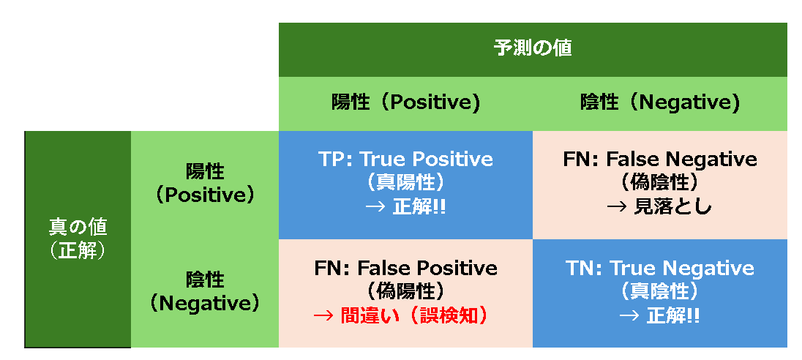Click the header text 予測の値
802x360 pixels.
tap(533, 49)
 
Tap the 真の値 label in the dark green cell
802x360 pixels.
tap(78, 227)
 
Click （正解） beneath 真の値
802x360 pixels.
tap(78, 251)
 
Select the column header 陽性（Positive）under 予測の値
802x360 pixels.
tap(405, 102)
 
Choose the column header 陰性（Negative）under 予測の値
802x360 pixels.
tap(659, 102)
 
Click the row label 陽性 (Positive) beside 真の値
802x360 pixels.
tap(204, 183)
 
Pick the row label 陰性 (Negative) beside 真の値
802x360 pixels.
tap(204, 291)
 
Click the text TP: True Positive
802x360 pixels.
tap(405, 159)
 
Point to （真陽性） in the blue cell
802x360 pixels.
tap(405, 181)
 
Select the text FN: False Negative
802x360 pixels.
tap(659, 159)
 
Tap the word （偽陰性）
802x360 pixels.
tap(659, 181)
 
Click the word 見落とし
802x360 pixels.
tap(670, 206)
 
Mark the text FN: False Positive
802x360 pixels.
tap(405, 268)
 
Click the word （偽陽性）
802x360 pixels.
tap(405, 290)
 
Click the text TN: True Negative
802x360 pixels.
tap(659, 268)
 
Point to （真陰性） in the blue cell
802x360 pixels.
tap(659, 290)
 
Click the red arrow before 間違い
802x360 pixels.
tap(323, 315)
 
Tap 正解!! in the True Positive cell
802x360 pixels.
tap(419, 206)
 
